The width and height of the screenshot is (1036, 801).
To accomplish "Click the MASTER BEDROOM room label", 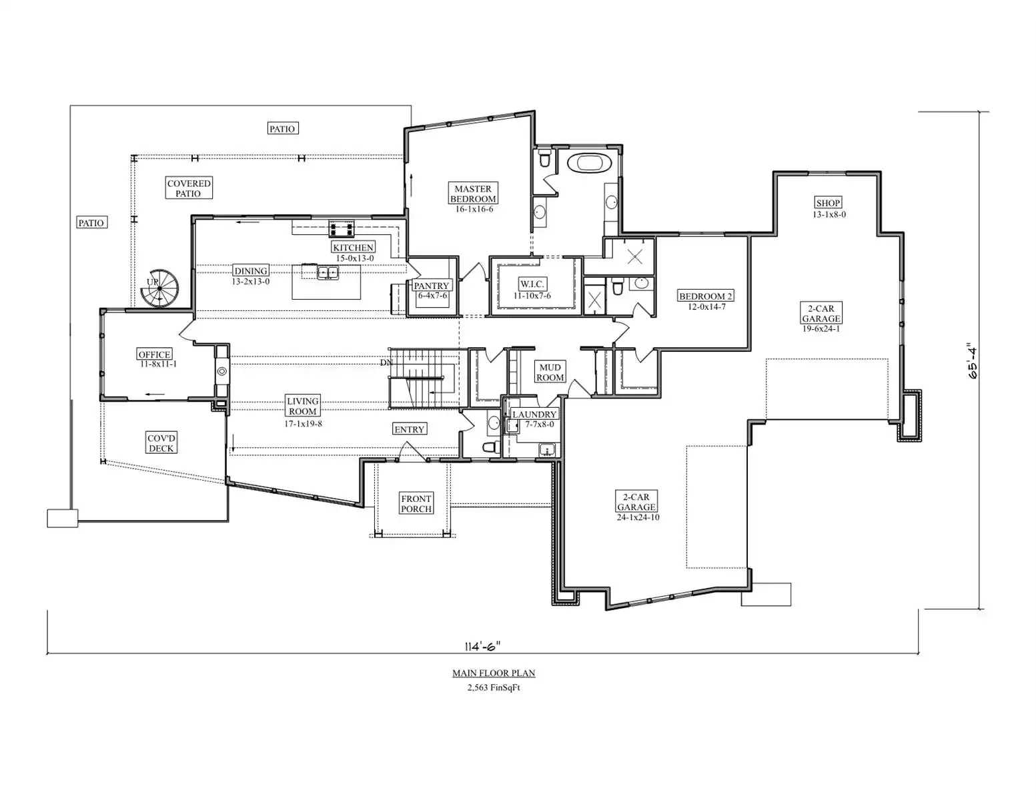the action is [x=473, y=194].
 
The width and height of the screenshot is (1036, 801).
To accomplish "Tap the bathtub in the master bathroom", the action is [x=589, y=163].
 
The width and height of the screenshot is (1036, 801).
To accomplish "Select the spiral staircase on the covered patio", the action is [x=159, y=289].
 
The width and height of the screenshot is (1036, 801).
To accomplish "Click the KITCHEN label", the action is [x=353, y=247].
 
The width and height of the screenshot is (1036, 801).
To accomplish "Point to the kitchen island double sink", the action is [x=328, y=273].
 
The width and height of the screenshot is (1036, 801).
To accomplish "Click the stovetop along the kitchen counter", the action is [x=342, y=229].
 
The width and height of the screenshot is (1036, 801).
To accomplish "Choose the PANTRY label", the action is [x=431, y=285].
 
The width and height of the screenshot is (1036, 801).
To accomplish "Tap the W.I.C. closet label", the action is [x=532, y=284].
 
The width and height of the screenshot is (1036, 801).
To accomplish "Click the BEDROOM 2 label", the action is [x=706, y=296].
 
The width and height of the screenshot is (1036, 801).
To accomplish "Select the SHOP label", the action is [x=828, y=203].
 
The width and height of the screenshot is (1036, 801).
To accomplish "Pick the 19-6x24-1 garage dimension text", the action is [x=821, y=328].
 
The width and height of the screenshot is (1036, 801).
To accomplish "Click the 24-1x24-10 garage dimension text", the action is [x=638, y=517].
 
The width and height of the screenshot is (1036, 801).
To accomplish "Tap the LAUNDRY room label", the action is [x=534, y=414].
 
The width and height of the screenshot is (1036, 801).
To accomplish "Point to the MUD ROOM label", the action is [x=550, y=372].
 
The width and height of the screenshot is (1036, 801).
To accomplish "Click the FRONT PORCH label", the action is [x=416, y=503].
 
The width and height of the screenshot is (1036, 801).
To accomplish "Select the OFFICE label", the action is [x=155, y=354].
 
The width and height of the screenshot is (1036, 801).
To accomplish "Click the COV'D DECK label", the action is [x=161, y=443].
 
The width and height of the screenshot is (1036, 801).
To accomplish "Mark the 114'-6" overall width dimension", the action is [x=483, y=646].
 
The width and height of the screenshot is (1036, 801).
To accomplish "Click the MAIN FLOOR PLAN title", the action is [x=494, y=673].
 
